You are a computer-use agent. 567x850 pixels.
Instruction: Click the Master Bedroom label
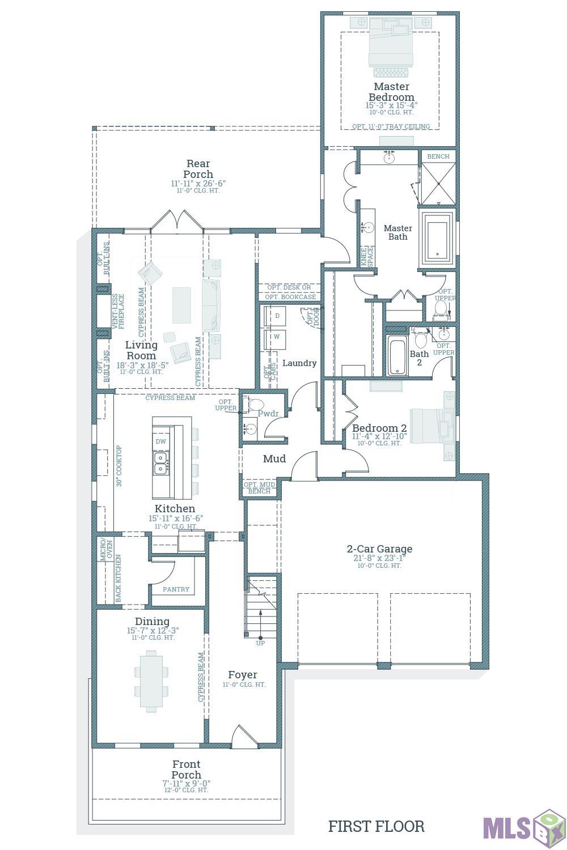point(391,92)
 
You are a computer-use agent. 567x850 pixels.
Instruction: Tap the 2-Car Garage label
point(379,549)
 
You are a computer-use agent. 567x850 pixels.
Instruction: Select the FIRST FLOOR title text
point(376,827)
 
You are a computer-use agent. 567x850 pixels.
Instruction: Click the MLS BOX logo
point(523,828)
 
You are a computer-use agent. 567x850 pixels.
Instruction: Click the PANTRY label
point(176,589)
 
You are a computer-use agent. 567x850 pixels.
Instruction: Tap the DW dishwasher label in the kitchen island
point(160,441)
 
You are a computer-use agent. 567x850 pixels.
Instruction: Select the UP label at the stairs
point(260,643)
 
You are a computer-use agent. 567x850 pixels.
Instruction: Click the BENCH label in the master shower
point(438,156)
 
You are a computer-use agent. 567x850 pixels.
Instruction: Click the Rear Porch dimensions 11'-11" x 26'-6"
point(198,184)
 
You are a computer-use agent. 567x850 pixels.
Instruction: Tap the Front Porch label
point(186,770)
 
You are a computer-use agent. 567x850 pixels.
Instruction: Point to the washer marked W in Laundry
point(277,337)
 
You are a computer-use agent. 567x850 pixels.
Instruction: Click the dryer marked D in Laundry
point(277,316)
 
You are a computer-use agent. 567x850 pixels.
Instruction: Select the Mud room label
point(274,459)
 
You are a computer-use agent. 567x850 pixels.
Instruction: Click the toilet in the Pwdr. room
point(255,405)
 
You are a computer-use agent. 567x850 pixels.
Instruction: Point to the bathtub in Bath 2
point(397,356)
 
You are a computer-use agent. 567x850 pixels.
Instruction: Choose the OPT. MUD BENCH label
point(260,488)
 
